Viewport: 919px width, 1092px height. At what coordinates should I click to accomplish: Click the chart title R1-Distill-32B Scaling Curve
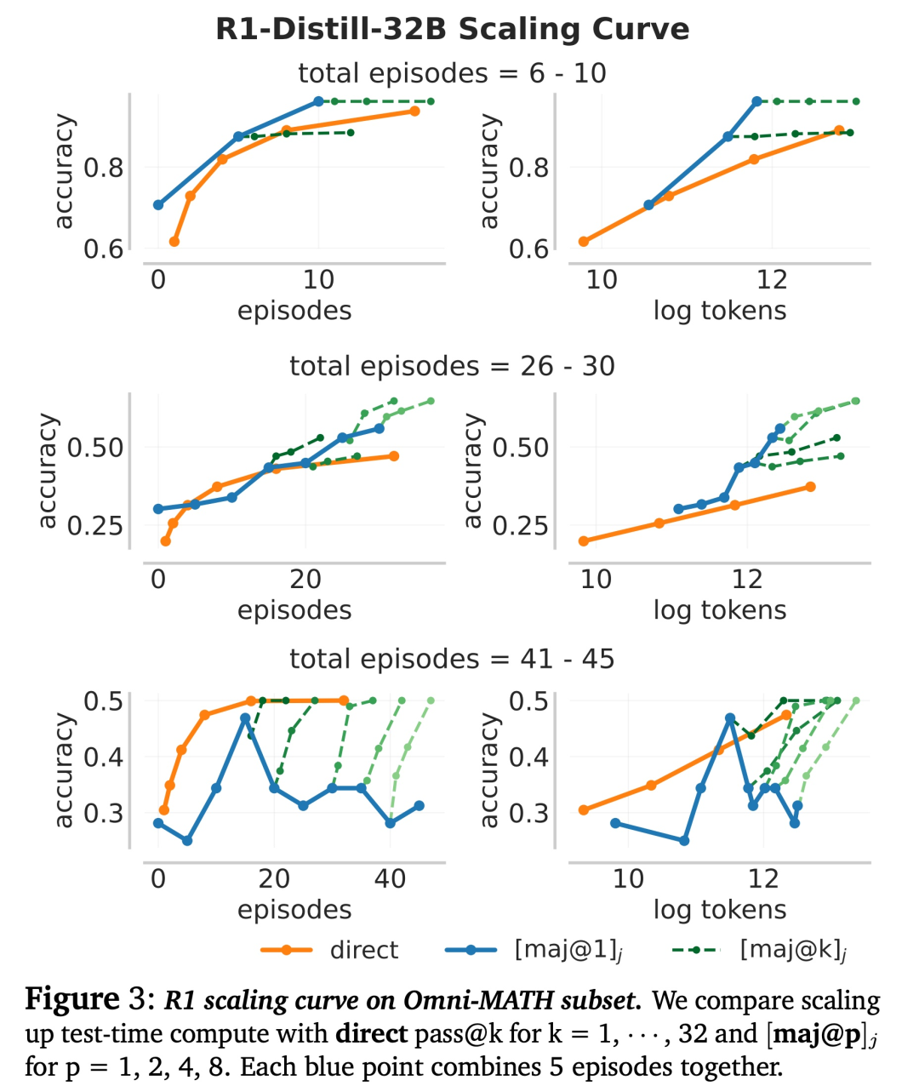click(x=452, y=29)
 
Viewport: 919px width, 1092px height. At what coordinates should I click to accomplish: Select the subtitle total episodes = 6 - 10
click(x=452, y=73)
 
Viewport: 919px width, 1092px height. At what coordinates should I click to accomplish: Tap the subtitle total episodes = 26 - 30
click(x=452, y=366)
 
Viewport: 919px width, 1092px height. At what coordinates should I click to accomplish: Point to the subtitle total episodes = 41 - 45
click(x=452, y=659)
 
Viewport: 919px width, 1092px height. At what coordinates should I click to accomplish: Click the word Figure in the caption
click(x=72, y=999)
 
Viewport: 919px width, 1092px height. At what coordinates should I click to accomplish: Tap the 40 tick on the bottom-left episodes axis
click(x=391, y=878)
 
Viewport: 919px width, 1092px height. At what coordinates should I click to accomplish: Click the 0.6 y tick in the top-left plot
click(x=103, y=249)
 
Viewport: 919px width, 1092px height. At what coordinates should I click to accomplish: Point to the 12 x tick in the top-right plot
click(x=772, y=279)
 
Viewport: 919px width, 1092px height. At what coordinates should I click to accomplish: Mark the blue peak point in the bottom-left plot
click(x=245, y=718)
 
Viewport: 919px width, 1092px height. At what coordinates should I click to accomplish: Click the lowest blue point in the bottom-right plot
click(x=684, y=841)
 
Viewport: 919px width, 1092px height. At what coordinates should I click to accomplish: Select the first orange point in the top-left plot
click(x=174, y=242)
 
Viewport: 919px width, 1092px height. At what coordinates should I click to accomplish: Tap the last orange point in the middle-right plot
click(x=810, y=487)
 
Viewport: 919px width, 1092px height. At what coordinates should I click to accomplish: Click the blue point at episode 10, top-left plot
click(x=318, y=101)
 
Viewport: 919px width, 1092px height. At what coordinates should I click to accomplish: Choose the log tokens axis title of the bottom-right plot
click(x=720, y=909)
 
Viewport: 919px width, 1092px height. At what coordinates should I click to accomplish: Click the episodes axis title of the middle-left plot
click(x=294, y=610)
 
